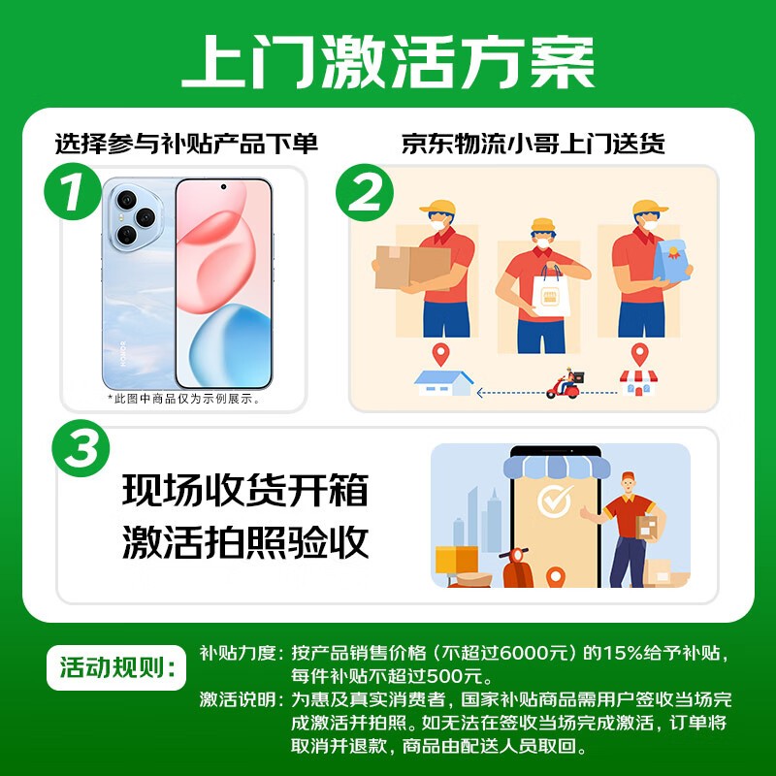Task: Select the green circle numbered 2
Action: (366, 195)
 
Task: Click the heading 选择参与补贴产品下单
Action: (186, 145)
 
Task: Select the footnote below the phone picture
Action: (183, 398)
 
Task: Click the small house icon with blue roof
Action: (443, 382)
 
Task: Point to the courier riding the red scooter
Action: (566, 384)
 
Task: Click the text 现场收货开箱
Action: (245, 491)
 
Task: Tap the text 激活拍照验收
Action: (245, 541)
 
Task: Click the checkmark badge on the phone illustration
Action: (555, 501)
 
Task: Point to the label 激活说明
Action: (237, 699)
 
